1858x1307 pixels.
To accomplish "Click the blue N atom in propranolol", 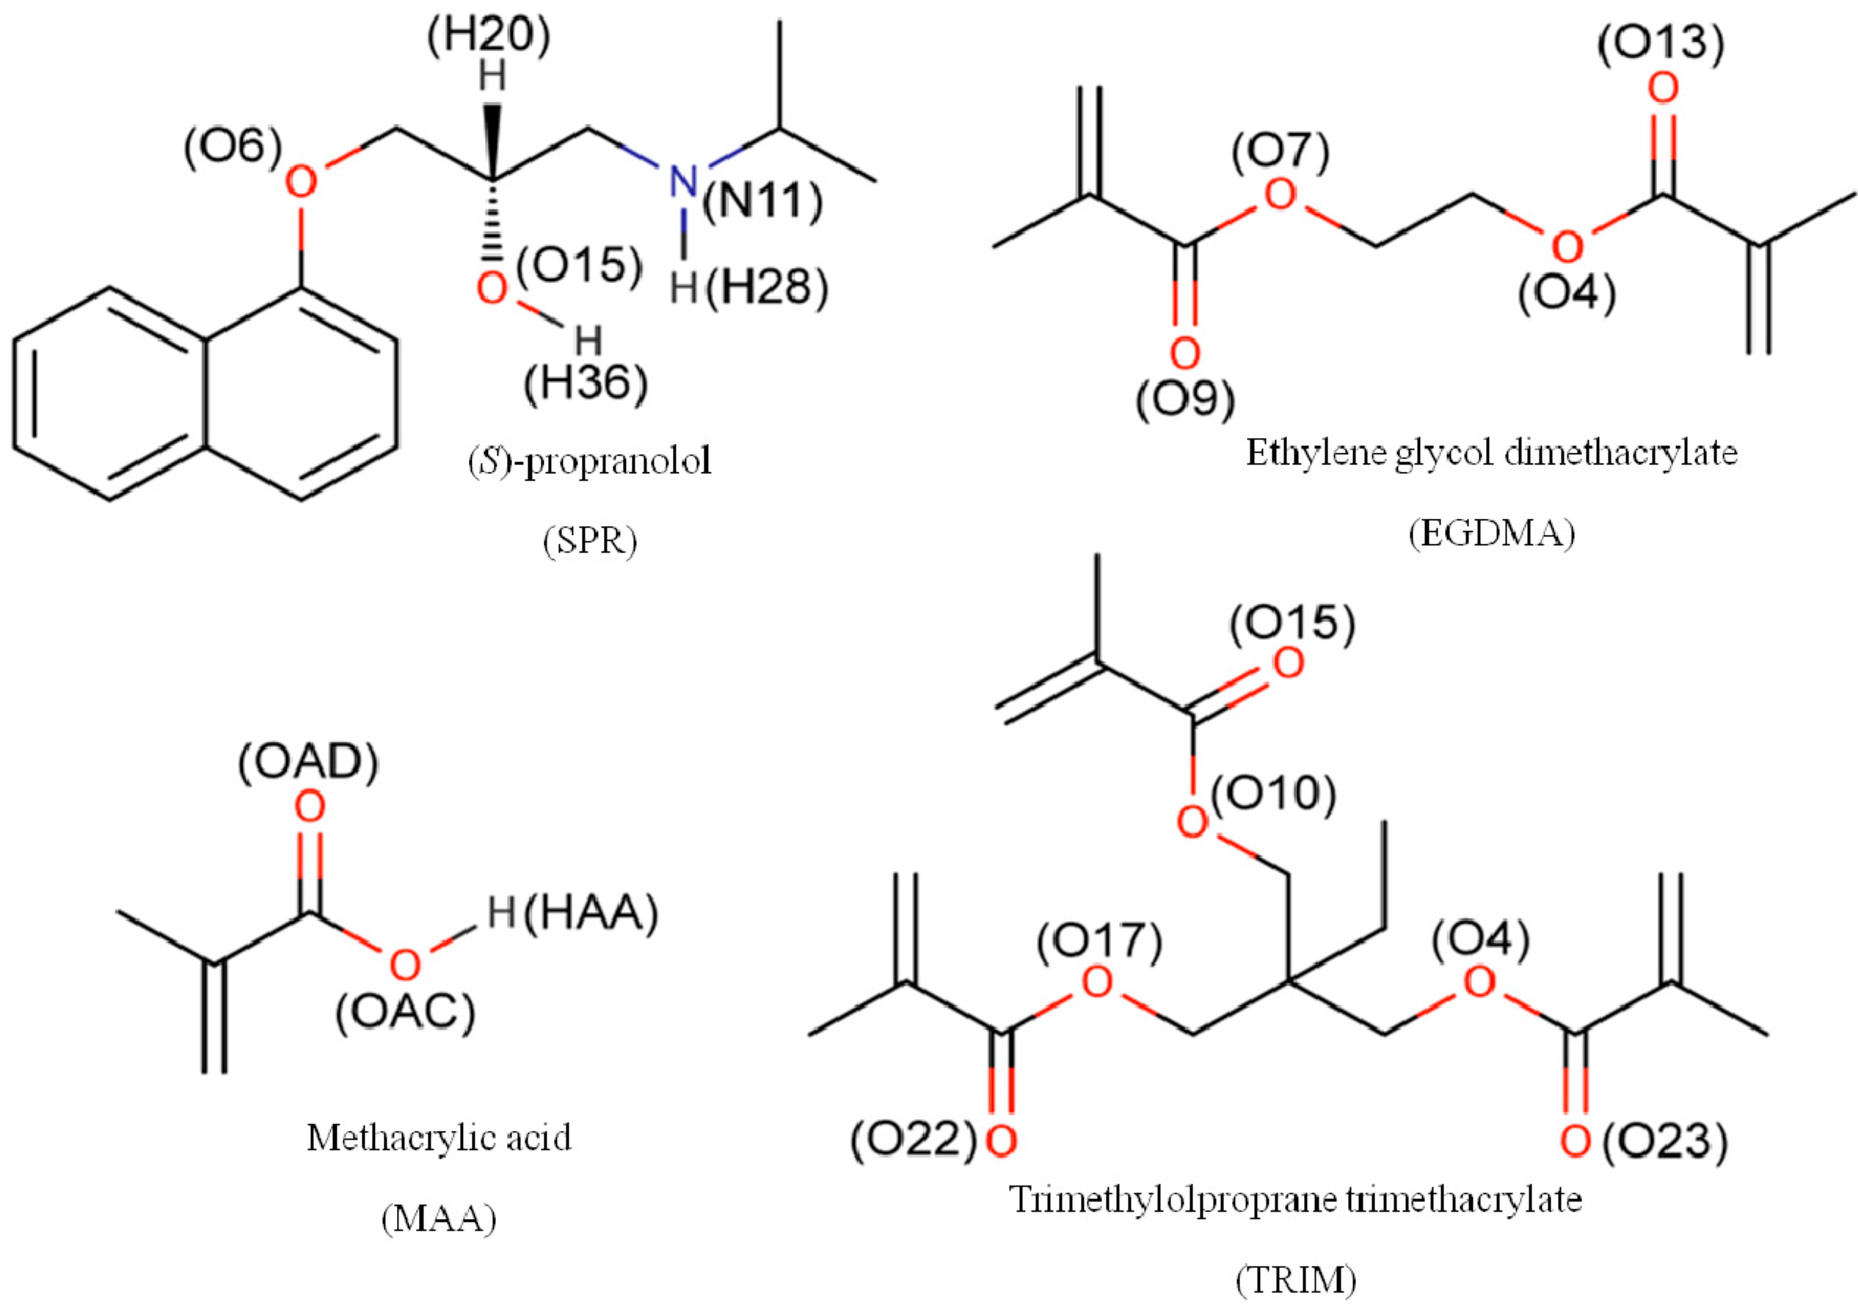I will [x=683, y=181].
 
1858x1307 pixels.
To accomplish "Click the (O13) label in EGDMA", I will [x=1661, y=43].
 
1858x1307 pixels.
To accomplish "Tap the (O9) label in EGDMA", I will [x=1186, y=400].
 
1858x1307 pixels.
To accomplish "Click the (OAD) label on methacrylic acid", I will [x=308, y=762].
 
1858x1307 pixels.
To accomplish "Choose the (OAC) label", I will [x=405, y=1013].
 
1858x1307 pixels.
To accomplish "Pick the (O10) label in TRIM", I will [x=1273, y=795].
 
